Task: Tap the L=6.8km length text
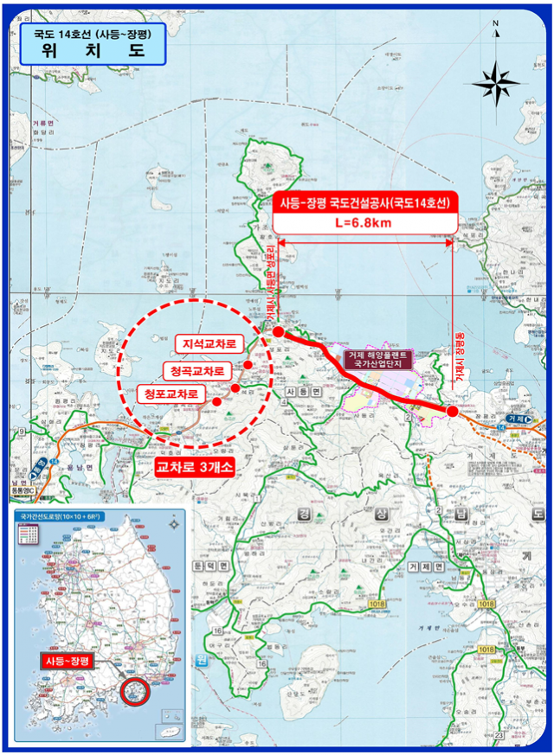tap(364, 222)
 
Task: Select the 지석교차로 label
tap(209, 344)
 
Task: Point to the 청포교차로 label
tap(171, 393)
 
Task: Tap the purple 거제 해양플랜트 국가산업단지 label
tap(380, 360)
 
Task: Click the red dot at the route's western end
tap(278, 332)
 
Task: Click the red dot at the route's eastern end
tap(453, 412)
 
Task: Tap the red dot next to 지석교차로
tap(248, 365)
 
